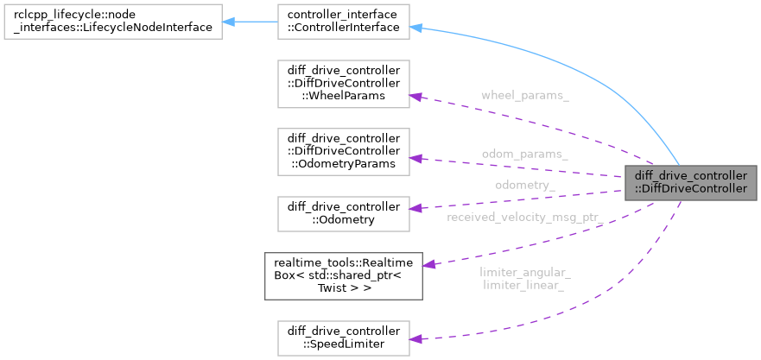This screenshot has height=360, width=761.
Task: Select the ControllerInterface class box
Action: [343, 21]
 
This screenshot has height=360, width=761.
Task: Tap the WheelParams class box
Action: [343, 84]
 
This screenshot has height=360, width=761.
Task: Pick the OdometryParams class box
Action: [343, 150]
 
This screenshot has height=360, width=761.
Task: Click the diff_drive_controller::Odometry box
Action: [343, 213]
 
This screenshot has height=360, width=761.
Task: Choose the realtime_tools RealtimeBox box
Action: [343, 275]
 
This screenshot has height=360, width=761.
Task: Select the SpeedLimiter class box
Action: [343, 338]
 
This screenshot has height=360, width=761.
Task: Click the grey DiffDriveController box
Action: [690, 181]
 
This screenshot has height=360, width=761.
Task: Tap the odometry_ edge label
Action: [525, 185]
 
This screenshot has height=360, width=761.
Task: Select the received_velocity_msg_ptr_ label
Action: [523, 217]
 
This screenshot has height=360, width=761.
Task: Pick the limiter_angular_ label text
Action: [525, 273]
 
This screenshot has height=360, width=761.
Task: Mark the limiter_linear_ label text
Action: [524, 286]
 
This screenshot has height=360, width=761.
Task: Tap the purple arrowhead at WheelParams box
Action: [415, 96]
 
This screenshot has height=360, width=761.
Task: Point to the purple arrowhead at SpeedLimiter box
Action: [415, 338]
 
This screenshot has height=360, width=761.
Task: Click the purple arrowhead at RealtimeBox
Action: [429, 264]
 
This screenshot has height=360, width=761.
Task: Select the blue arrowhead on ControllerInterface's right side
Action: [415, 28]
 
